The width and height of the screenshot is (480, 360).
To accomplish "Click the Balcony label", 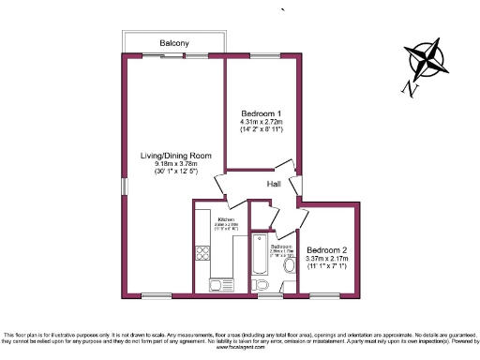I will [174, 43].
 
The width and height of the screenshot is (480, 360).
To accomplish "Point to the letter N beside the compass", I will [405, 88].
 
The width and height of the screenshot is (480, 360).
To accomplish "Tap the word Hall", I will [275, 184].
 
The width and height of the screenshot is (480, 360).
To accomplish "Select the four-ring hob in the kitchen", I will [201, 252].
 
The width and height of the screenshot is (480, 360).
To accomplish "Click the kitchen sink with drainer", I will [217, 285].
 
